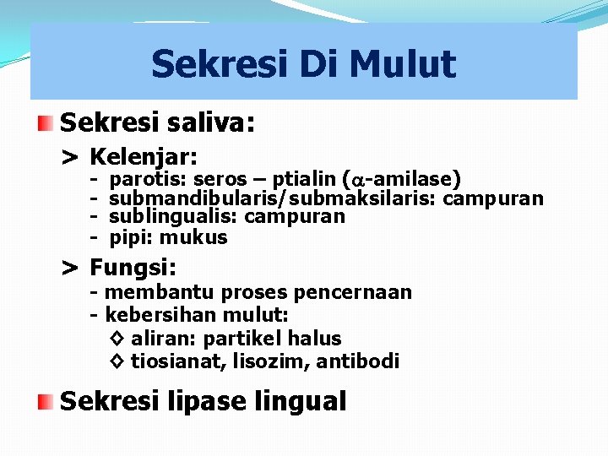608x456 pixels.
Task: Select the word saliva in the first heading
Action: point(208,123)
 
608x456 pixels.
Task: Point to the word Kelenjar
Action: point(144,157)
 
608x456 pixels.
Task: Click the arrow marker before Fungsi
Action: point(70,269)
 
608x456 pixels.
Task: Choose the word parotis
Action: point(149,179)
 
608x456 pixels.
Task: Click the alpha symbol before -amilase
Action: point(358,180)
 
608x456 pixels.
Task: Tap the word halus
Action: point(314,339)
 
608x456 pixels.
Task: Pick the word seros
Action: point(220,179)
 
